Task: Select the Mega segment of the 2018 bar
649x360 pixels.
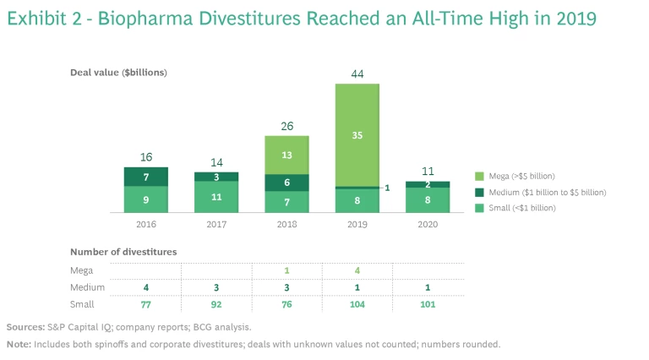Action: coord(286,155)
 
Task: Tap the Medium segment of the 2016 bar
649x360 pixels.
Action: coord(145,176)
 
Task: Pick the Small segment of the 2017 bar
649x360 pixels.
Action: coord(216,196)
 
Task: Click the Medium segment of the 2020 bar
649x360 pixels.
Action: coord(428,184)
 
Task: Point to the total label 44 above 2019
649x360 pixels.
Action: coord(357,74)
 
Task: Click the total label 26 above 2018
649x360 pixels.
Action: coord(286,127)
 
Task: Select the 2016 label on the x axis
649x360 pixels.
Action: coord(145,225)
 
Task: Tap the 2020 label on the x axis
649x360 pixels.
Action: coord(428,225)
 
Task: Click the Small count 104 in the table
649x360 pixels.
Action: coord(357,303)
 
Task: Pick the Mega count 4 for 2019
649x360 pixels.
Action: coord(357,270)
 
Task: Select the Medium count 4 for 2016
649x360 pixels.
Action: coord(145,287)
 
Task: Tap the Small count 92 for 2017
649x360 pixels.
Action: coord(216,303)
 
